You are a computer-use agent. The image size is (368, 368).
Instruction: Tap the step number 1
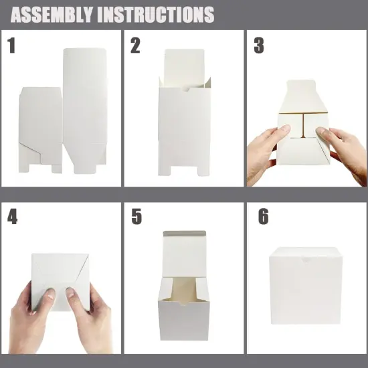11,46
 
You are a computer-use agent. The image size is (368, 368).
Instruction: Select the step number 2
136,46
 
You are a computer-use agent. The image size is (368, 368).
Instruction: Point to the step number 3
259,46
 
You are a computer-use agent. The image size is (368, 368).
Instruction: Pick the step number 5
136,217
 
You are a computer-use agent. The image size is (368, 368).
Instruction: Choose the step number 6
263,217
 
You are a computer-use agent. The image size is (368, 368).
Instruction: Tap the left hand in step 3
264,153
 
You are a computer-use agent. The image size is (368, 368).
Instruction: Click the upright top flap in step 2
183,68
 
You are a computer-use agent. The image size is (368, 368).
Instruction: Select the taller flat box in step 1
85,107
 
